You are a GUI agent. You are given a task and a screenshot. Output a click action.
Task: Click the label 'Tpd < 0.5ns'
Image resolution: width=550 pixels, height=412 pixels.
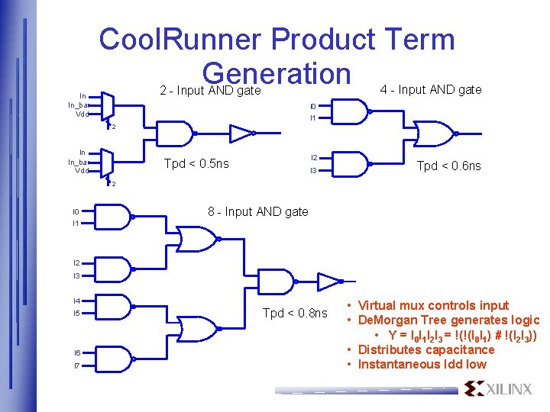coord(196,163)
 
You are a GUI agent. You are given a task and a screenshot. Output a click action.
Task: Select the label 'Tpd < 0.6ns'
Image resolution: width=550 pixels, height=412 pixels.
coord(448,166)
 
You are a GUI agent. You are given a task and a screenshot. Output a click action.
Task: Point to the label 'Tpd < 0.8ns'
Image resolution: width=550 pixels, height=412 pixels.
coord(294,313)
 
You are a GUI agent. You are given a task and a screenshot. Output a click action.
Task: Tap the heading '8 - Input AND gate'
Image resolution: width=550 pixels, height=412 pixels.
coord(257,211)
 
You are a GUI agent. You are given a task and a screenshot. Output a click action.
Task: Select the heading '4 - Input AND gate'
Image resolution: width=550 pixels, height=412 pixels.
coord(431,89)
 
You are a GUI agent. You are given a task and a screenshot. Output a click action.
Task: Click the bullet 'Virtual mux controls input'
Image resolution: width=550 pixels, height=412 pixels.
coord(434,305)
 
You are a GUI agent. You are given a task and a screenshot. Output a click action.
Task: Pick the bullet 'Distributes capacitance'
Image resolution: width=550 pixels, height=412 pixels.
coord(426,349)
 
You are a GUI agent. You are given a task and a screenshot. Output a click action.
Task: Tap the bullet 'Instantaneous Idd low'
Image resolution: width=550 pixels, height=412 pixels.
coord(422,364)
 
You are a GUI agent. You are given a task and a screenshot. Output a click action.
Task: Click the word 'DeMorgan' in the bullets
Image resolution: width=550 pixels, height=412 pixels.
coord(384,320)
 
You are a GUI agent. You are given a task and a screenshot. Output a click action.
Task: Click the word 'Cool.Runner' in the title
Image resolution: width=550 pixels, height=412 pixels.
coord(180,40)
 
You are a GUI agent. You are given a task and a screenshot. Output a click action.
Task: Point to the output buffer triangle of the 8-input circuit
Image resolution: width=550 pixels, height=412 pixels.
coord(326,281)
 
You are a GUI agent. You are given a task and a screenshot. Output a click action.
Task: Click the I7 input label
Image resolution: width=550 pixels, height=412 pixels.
coord(76,365)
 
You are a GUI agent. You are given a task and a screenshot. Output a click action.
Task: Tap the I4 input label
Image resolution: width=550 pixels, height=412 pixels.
coord(76,301)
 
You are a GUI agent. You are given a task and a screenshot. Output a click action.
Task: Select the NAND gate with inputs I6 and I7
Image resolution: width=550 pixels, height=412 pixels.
coord(113,359)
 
